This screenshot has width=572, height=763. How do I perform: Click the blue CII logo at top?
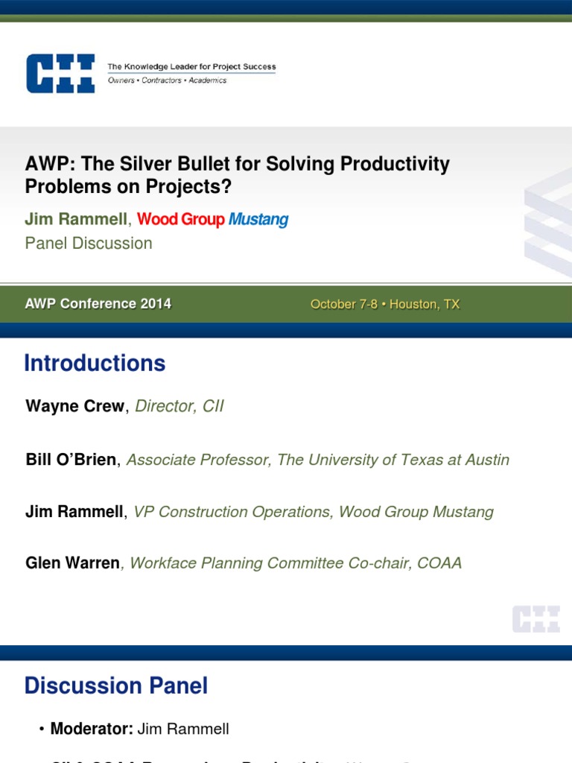click(x=60, y=73)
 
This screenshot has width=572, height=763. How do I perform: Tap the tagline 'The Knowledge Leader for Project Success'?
click(x=191, y=67)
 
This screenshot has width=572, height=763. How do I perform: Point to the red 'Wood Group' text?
click(x=181, y=219)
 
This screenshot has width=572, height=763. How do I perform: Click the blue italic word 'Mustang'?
click(x=258, y=219)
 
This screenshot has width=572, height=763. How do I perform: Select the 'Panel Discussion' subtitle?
click(x=89, y=243)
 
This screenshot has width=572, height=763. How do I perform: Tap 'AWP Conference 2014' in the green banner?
click(x=98, y=304)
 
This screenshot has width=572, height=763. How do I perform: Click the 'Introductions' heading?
click(x=95, y=364)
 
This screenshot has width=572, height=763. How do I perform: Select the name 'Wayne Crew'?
click(x=75, y=406)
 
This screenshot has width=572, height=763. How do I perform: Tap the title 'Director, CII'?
click(x=179, y=406)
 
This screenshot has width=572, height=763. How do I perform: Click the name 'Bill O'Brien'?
click(x=71, y=460)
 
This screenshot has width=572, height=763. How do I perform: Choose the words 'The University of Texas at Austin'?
click(x=393, y=460)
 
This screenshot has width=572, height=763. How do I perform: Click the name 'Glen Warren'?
click(x=72, y=563)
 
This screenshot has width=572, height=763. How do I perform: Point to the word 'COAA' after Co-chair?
click(x=439, y=563)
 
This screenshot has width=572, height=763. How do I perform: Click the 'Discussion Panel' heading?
click(x=116, y=686)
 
